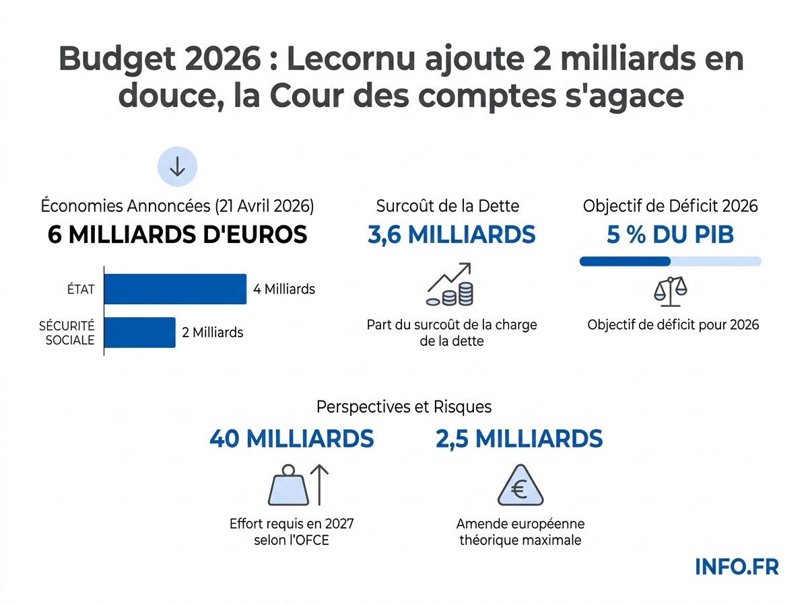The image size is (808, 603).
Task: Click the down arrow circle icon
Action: tap(177, 168)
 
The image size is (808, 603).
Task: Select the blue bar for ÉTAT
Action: tap(175, 289)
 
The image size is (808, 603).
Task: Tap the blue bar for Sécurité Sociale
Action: tap(139, 332)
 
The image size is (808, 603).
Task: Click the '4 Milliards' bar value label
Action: tap(284, 289)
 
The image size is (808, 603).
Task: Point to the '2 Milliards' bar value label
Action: tap(213, 332)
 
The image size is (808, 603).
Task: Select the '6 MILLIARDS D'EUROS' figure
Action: tap(178, 235)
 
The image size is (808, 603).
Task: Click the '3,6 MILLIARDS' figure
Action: tap(451, 235)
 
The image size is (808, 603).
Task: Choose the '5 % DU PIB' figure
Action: tap(671, 235)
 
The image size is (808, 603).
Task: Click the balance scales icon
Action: tap(671, 289)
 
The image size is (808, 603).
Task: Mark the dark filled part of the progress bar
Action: tap(625, 261)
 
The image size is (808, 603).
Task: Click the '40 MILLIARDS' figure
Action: tap(292, 439)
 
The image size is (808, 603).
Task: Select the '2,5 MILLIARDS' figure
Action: tap(518, 439)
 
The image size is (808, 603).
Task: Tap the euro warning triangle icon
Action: tap(519, 486)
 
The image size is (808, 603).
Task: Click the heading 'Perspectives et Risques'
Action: tap(404, 407)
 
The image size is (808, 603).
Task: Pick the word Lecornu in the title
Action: tap(367, 60)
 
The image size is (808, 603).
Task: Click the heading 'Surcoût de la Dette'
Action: tap(448, 206)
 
